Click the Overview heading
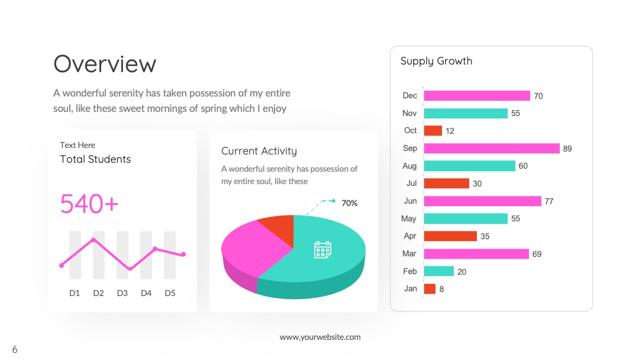(x=105, y=64)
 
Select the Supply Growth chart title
(x=437, y=61)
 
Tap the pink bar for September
(x=492, y=149)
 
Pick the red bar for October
(x=433, y=130)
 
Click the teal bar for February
(x=439, y=271)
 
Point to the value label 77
(x=549, y=201)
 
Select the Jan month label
(x=411, y=289)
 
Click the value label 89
(x=567, y=149)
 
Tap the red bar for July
(x=446, y=184)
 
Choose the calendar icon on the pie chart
(x=323, y=249)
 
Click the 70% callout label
(x=349, y=203)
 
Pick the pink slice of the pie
(x=251, y=249)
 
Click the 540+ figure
(x=89, y=204)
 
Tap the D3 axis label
(x=122, y=293)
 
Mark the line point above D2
(x=93, y=240)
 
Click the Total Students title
(x=95, y=159)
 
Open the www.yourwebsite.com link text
(x=320, y=337)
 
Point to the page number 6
(x=15, y=349)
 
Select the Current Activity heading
(x=259, y=151)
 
